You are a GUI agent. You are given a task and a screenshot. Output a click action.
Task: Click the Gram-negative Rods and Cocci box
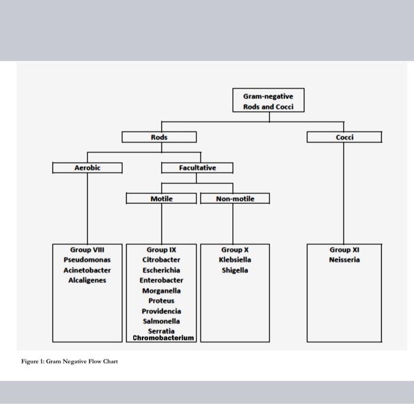coord(269,101)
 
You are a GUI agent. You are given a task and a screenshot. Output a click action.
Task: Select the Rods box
coord(159,137)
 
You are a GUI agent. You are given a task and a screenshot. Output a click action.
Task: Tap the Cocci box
coord(344,137)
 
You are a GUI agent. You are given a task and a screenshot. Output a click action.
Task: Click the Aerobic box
coord(88,168)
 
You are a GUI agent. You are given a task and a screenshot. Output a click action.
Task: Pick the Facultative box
coord(198,168)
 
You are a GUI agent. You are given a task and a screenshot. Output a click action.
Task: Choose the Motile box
coord(161,199)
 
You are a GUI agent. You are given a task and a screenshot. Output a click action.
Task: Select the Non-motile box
coord(235,199)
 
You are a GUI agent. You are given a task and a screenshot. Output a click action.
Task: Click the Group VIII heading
coord(88,250)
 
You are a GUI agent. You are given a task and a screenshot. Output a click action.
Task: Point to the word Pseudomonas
coord(88,260)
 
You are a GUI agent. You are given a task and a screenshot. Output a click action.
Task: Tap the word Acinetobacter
coord(88,270)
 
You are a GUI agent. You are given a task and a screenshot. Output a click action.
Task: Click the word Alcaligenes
coord(88,280)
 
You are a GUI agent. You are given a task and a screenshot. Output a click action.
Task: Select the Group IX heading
coord(161,250)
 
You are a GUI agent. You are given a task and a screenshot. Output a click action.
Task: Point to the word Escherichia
coord(161,270)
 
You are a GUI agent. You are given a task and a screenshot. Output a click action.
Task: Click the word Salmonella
coord(161,321)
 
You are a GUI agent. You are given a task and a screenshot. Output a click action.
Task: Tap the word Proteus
coord(161,300)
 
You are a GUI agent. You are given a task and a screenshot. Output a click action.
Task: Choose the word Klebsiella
coord(235,260)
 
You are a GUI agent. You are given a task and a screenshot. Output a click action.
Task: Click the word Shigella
coord(235,270)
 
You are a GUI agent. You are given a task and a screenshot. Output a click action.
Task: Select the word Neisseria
coord(344,260)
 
